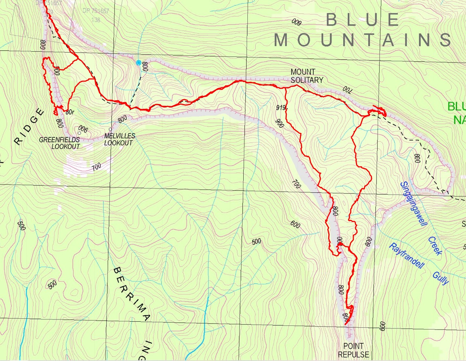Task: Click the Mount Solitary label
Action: [307, 76]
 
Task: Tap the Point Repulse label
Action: [353, 350]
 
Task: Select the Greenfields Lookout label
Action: [60, 143]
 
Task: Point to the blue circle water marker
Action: [138, 62]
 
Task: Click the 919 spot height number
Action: [281, 108]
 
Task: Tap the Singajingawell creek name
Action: [413, 204]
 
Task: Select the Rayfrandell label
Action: [407, 256]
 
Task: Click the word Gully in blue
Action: [441, 278]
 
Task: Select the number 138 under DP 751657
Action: [96, 20]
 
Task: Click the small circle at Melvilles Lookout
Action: [110, 129]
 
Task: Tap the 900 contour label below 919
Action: [279, 123]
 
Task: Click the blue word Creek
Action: [435, 246]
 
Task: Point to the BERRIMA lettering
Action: [131, 294]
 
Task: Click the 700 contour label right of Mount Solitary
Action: [347, 90]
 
